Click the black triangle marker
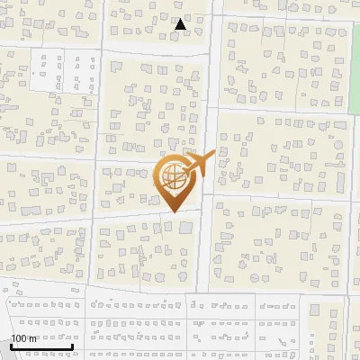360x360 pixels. pyautogui.click(x=181, y=25)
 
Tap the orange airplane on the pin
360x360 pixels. pyautogui.click(x=196, y=166)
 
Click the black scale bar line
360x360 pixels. pyautogui.click(x=41, y=346)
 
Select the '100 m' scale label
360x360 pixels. pyautogui.click(x=25, y=338)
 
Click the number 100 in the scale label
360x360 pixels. pyautogui.click(x=21, y=338)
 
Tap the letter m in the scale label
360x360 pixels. pyautogui.click(x=34, y=338)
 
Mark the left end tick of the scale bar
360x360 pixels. pyautogui.click(x=11, y=346)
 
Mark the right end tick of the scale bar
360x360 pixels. pyautogui.click(x=72, y=346)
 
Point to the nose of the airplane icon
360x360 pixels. pyautogui.click(x=213, y=155)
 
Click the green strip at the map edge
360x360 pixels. pyautogui.click(x=355, y=54)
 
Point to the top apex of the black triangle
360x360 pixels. pyautogui.click(x=181, y=19)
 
